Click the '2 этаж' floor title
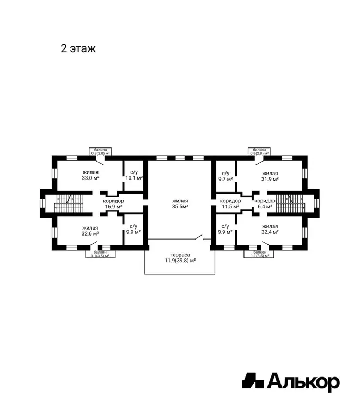pos(78,48)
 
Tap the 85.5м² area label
pos(180,207)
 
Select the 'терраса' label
pos(180,255)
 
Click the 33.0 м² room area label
pos(90,178)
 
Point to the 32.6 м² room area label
pos(90,234)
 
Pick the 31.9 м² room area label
pos(270,179)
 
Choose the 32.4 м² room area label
pos(270,232)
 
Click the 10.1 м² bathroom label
pos(134,178)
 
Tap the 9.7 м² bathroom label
pos(225,179)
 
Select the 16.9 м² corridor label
pos(114,207)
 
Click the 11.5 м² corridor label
pos(230,207)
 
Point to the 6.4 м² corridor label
pos(265,207)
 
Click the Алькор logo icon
pos(253,381)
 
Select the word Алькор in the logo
pos(303,382)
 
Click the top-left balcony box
pos(100,151)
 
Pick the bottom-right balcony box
pos(259,254)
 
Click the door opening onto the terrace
pos(198,237)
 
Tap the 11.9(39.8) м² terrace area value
pos(180,261)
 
